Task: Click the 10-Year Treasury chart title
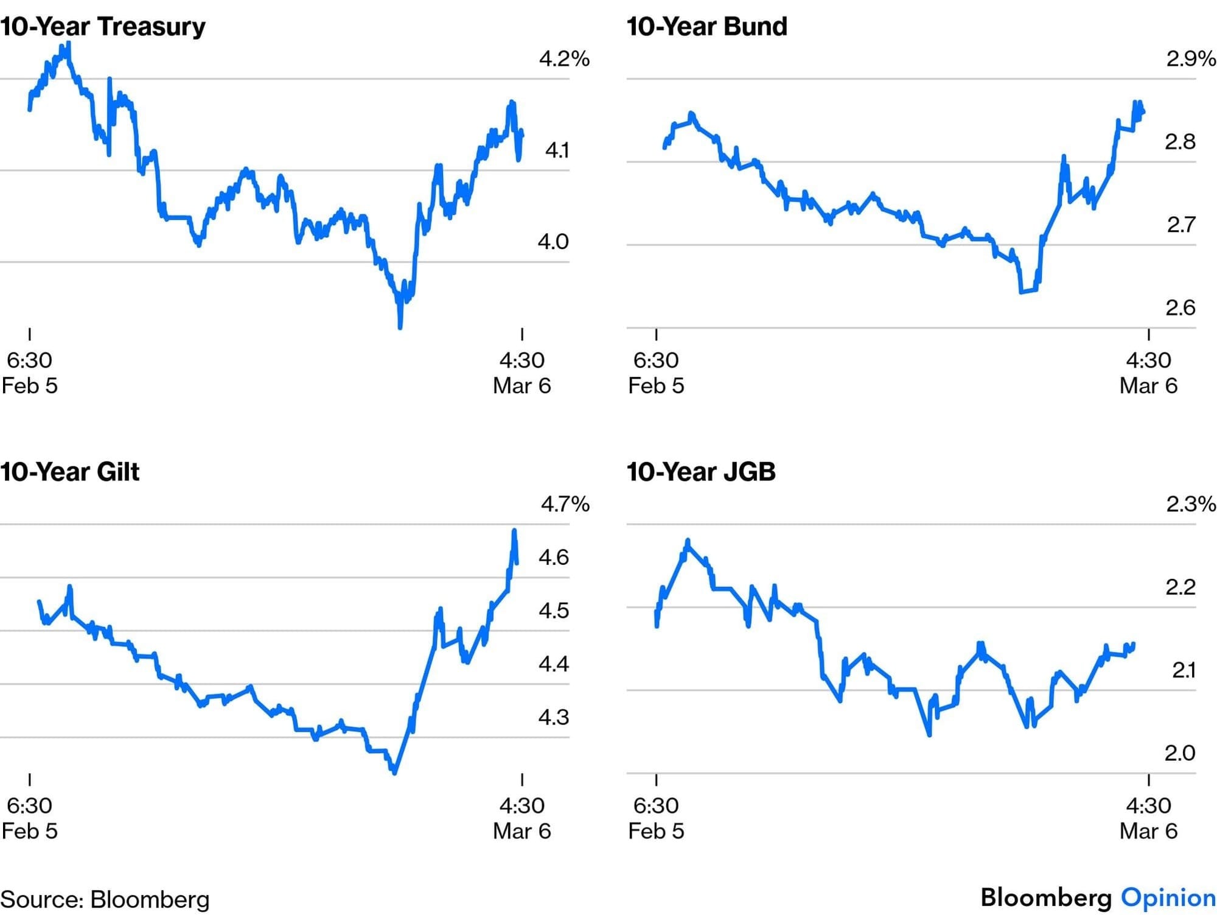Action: tap(103, 27)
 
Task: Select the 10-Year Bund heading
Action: tap(706, 27)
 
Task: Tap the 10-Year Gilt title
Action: tap(69, 472)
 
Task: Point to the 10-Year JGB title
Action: tap(701, 472)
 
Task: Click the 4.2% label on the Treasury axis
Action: tap(564, 59)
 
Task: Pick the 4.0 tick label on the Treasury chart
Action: tap(553, 242)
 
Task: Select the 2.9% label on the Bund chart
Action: tap(1190, 59)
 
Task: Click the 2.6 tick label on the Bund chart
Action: tap(1180, 308)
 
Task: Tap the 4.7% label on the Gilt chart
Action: tap(565, 504)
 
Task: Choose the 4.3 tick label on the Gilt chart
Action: tap(553, 717)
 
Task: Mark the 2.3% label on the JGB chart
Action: tap(1190, 504)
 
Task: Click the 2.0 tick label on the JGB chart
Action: tap(1180, 754)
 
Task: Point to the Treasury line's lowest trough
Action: tap(400, 327)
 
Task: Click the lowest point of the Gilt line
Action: tap(395, 773)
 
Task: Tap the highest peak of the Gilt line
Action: tap(515, 531)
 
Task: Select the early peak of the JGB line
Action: tap(688, 541)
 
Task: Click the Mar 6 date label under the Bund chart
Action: tap(1148, 385)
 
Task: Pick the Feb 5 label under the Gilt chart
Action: tap(29, 831)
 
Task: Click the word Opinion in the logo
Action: tap(1168, 898)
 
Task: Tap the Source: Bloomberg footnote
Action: tap(105, 900)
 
